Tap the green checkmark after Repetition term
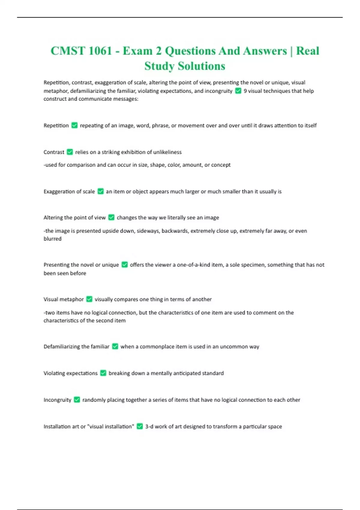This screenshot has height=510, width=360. click(74, 125)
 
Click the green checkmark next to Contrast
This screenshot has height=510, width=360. click(70, 152)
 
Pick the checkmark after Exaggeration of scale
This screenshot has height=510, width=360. click(100, 191)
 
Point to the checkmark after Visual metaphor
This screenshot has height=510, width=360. click(89, 299)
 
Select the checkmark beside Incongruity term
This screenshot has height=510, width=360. click(77, 400)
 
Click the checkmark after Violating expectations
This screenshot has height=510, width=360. click(103, 373)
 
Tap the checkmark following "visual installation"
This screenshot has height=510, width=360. click(140, 426)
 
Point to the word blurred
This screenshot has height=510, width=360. click(52, 239)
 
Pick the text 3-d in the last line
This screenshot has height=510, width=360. click(149, 426)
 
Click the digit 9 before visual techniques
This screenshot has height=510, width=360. click(245, 91)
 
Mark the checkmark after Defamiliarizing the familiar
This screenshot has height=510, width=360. click(115, 346)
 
